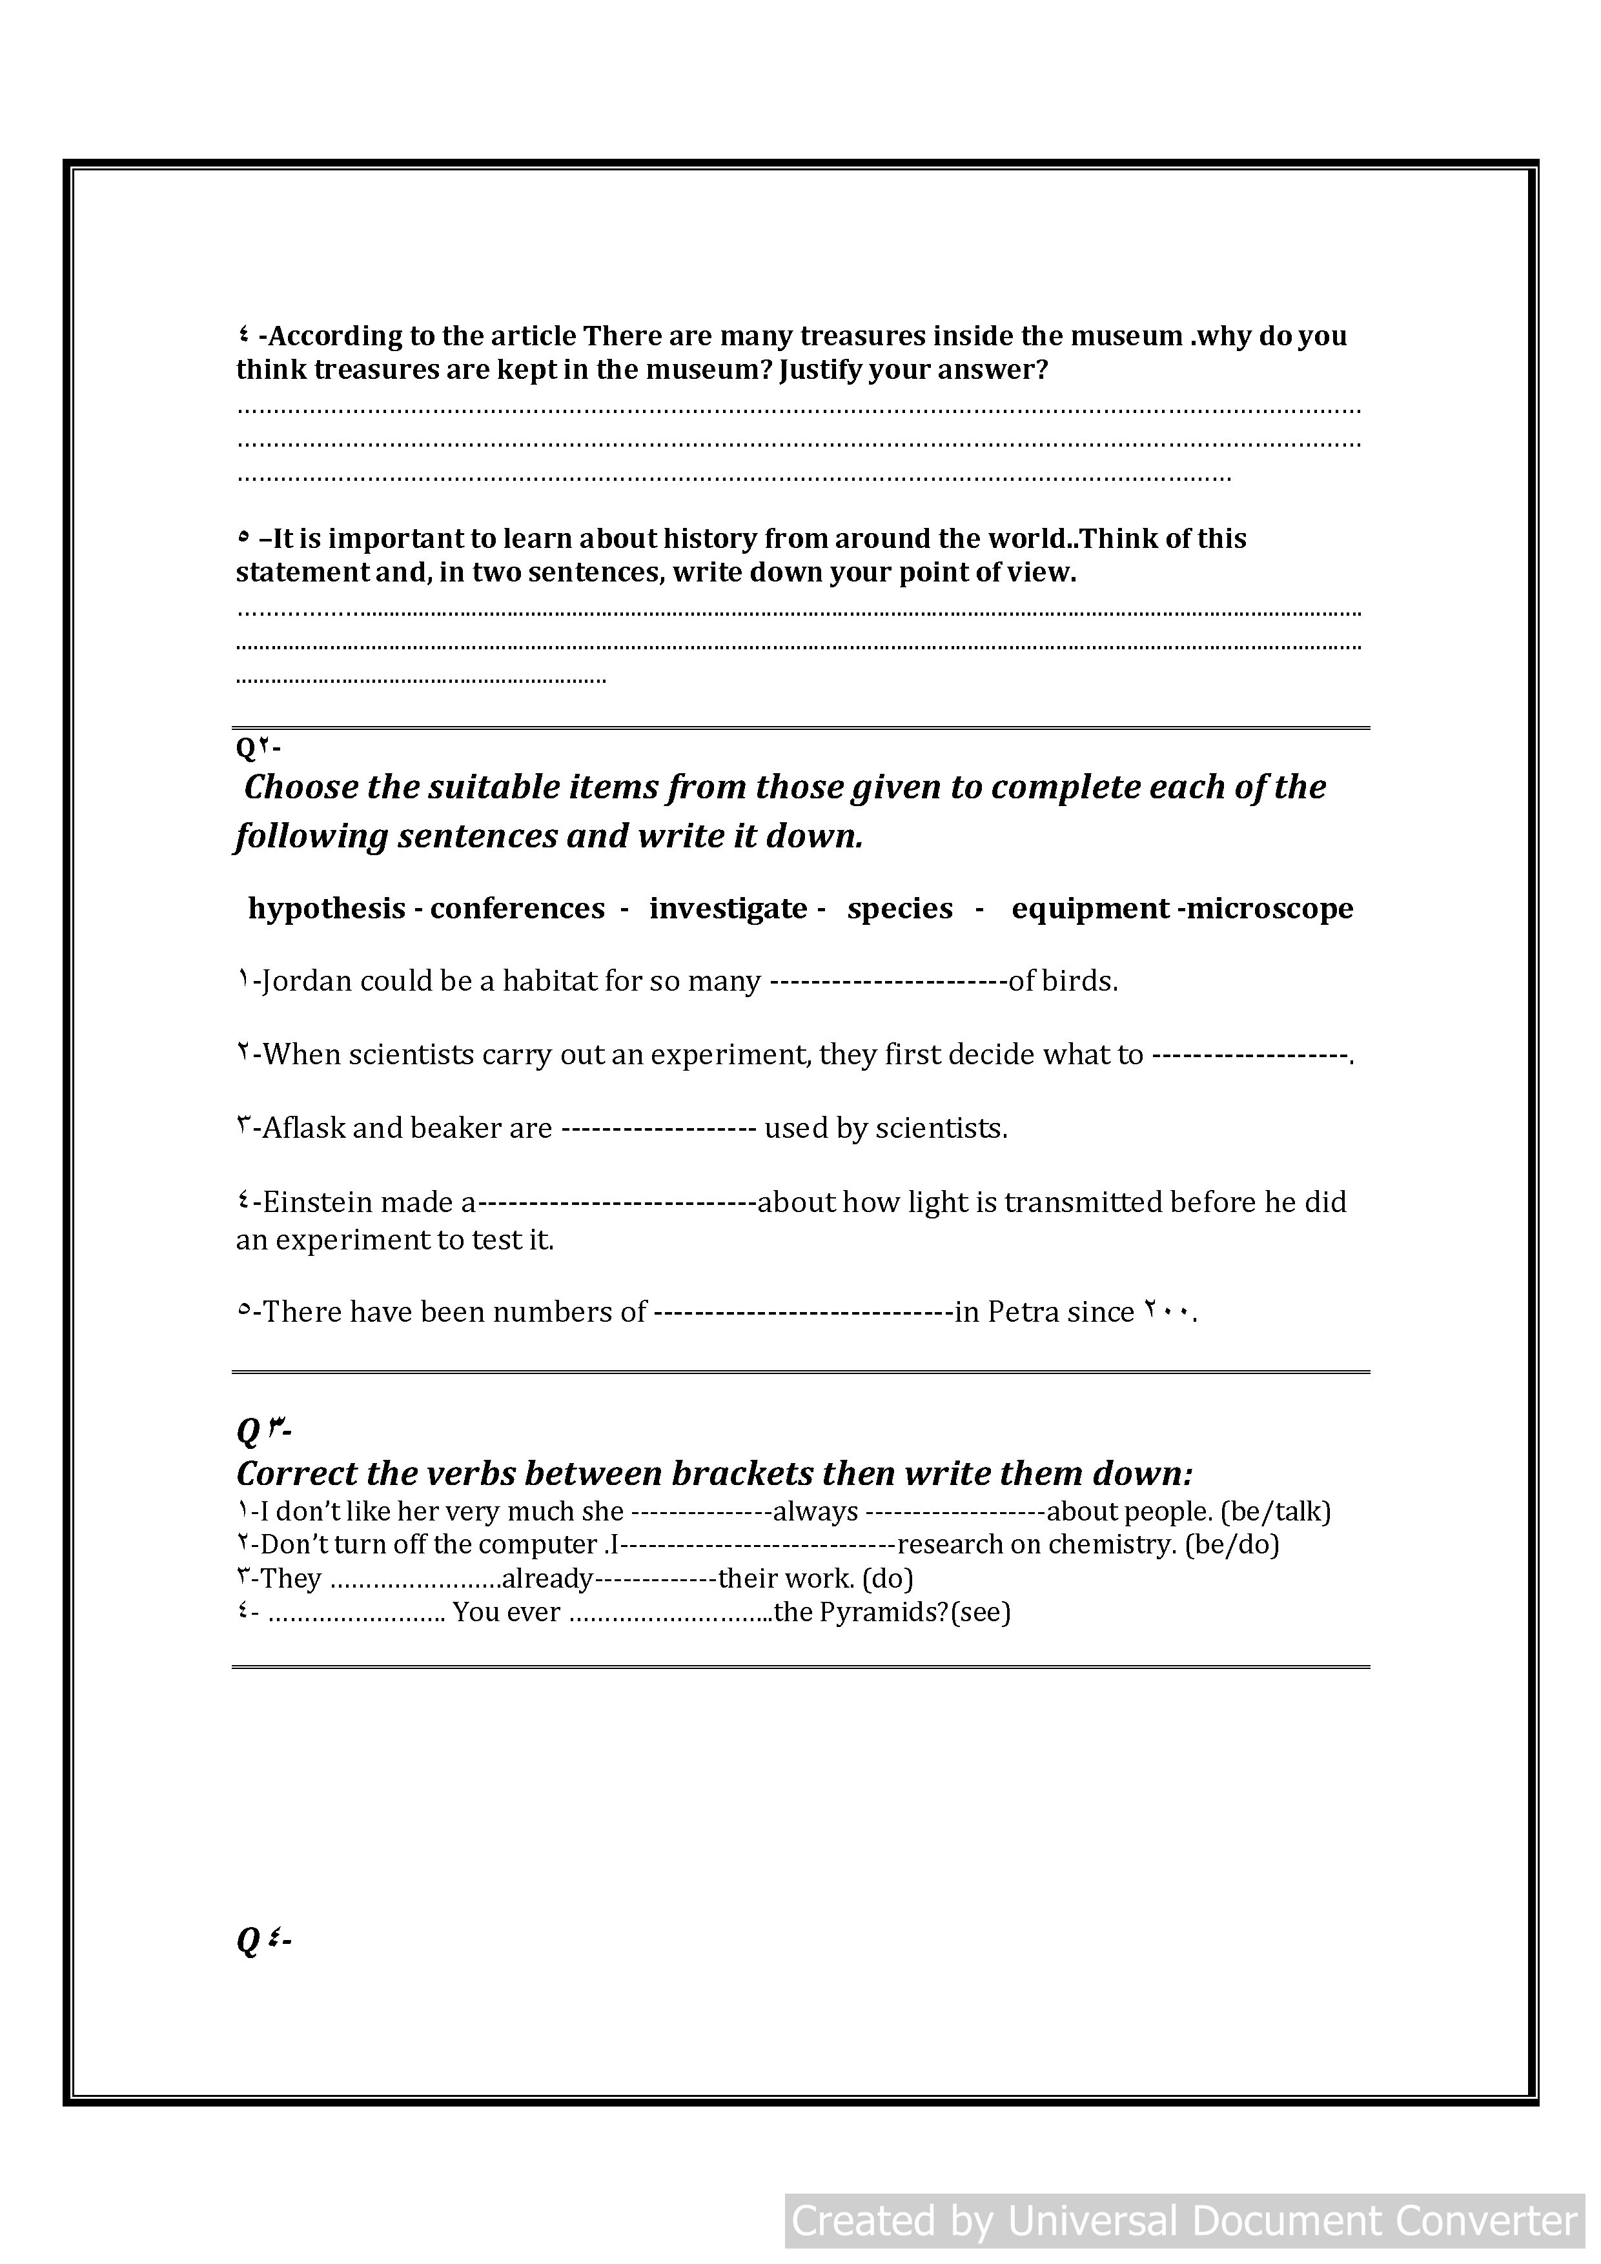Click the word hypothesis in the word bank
tap(327, 908)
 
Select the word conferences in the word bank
tap(517, 908)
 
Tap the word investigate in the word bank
tap(728, 908)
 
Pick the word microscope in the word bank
tap(1270, 908)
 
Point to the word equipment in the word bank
tap(1090, 908)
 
